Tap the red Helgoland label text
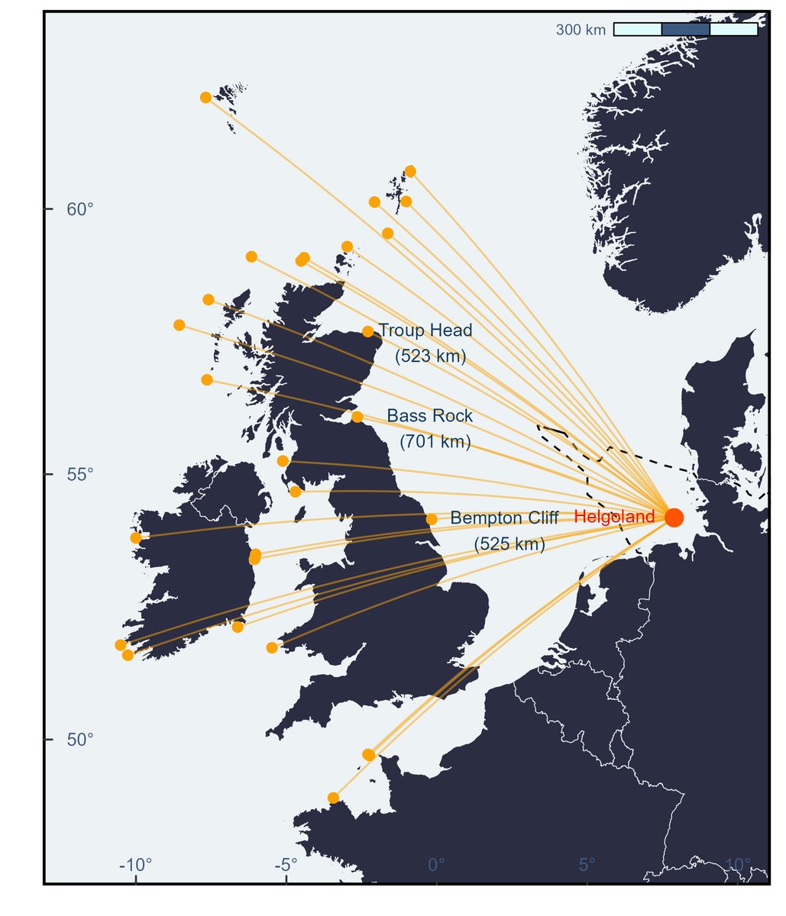pos(614,517)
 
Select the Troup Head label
pos(425,331)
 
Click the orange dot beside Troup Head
pos(368,331)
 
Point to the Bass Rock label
pos(430,416)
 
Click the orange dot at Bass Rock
pos(357,417)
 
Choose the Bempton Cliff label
pos(504,518)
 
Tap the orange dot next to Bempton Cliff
pos(432,519)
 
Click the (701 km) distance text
pos(435,441)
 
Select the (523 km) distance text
pos(430,356)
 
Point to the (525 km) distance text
pos(509,544)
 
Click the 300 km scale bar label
pos(581,30)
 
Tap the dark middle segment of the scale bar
pos(685,29)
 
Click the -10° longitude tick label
pos(136,865)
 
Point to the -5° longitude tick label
pos(285,865)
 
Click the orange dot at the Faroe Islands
pos(205,97)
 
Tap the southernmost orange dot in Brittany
pos(333,798)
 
